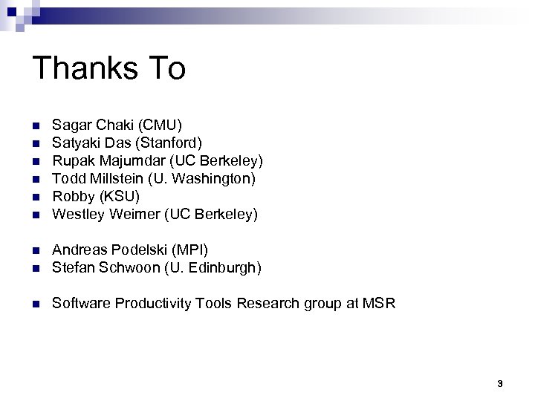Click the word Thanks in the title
(80, 68)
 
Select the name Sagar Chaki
(92, 124)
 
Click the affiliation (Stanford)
(165, 142)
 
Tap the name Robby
(72, 197)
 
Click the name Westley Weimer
(105, 215)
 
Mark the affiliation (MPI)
(192, 250)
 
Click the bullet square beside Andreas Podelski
(35, 250)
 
